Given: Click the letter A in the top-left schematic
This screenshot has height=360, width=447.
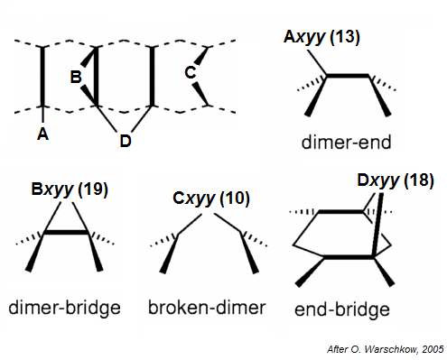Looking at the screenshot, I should point(41,134).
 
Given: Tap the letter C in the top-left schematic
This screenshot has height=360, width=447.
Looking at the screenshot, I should point(191,72).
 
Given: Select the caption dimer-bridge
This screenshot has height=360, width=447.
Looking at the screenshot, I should point(65,309).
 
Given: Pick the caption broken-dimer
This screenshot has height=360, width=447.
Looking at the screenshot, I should point(207,309).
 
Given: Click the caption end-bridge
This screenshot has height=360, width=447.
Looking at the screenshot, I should point(342,309).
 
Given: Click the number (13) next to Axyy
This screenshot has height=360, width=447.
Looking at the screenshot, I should point(345,36).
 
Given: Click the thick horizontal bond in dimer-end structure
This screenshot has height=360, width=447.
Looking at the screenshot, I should point(349,78).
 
